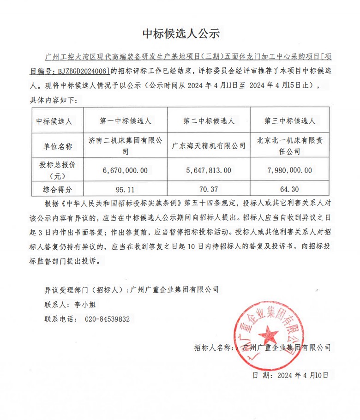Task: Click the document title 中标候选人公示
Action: [x=180, y=33]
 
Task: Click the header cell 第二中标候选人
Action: [x=209, y=121]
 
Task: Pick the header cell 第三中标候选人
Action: [x=289, y=121]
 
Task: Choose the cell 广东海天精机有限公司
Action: [x=209, y=146]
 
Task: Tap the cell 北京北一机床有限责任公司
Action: [x=289, y=145]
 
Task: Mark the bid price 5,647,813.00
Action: [x=209, y=170]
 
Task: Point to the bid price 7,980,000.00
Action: [x=289, y=170]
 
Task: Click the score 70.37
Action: [x=209, y=188]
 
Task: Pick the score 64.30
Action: [x=289, y=188]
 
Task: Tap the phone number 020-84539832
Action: [x=107, y=319]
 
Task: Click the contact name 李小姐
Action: [x=86, y=305]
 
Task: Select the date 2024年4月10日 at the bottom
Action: [x=302, y=375]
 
